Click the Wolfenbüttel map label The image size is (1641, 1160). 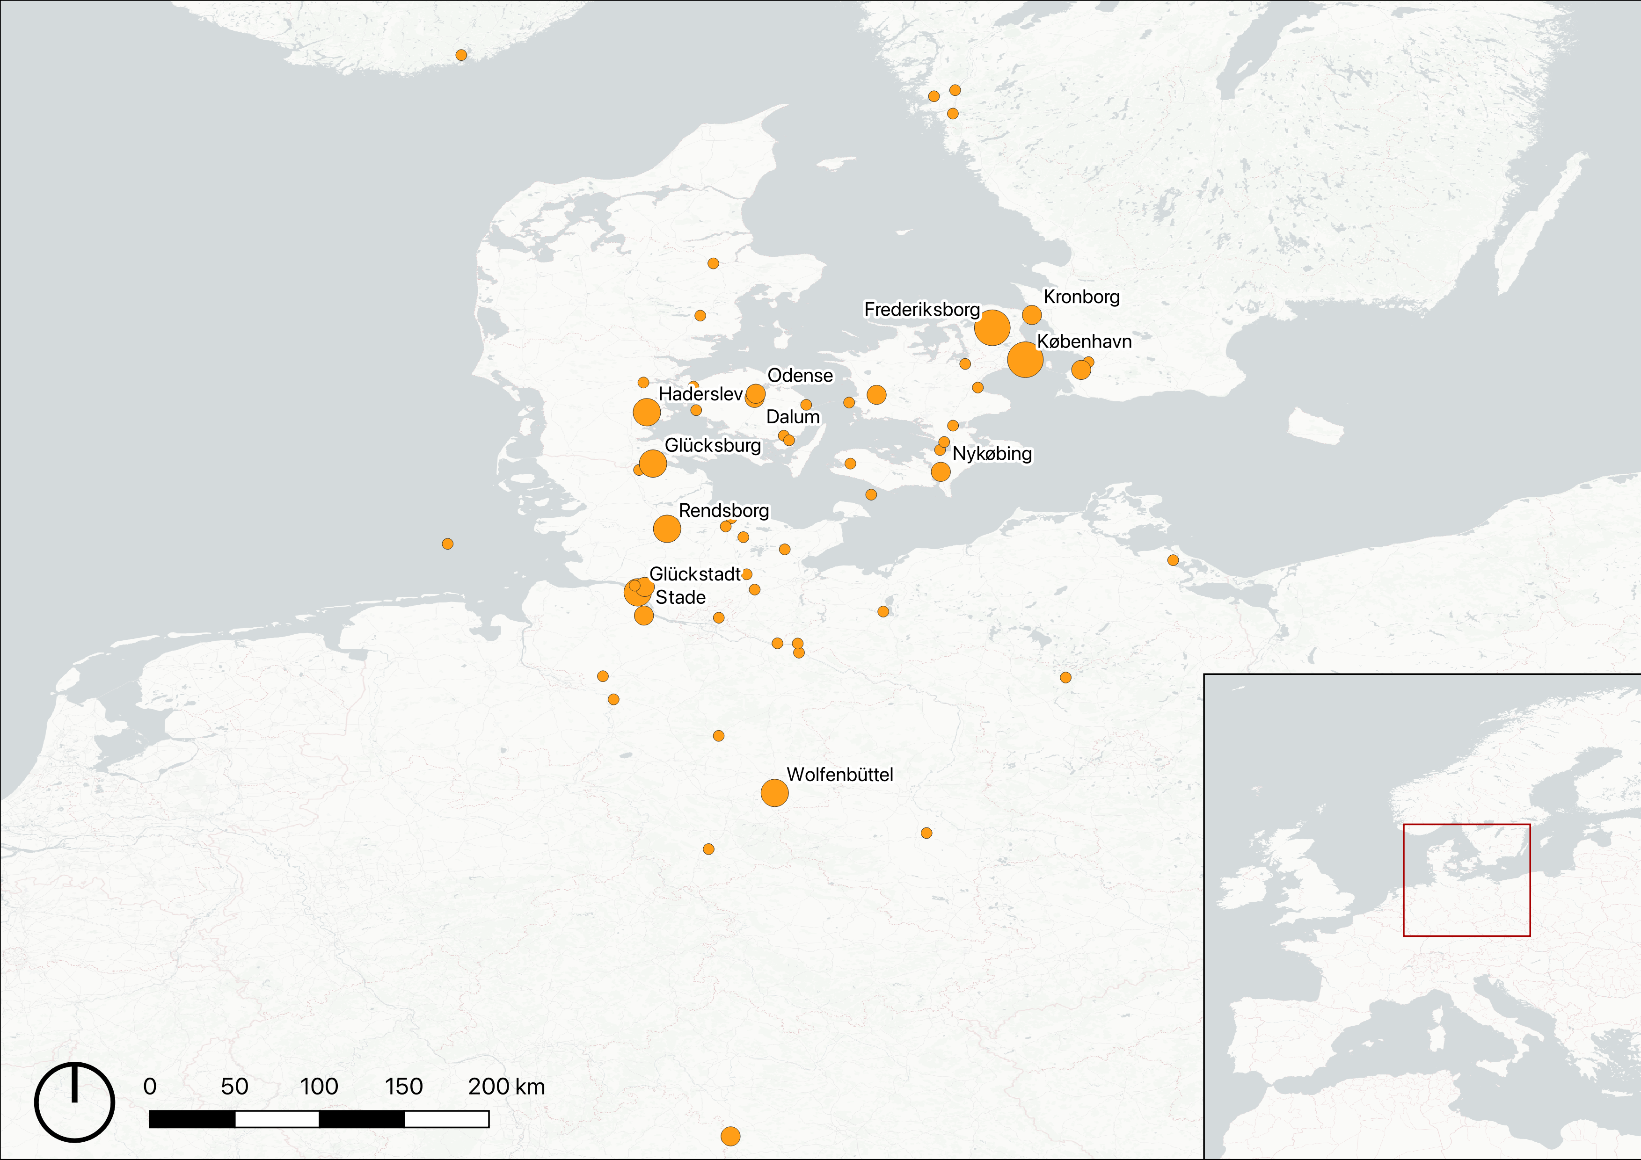840,774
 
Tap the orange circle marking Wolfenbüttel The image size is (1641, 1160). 774,793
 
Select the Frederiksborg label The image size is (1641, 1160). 922,309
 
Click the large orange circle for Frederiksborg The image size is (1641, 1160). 992,328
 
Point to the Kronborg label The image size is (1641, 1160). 1081,297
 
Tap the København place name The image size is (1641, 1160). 1084,341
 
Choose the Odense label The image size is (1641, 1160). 800,376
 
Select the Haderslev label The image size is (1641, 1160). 700,393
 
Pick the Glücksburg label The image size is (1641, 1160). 713,445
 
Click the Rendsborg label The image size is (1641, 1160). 723,511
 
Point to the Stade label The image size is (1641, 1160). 680,597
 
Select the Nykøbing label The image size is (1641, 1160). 992,454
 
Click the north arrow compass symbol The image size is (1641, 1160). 74,1102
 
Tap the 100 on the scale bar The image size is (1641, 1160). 319,1087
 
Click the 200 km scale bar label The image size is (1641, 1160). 506,1087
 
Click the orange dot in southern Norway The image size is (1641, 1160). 461,55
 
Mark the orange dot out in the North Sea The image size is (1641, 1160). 447,544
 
